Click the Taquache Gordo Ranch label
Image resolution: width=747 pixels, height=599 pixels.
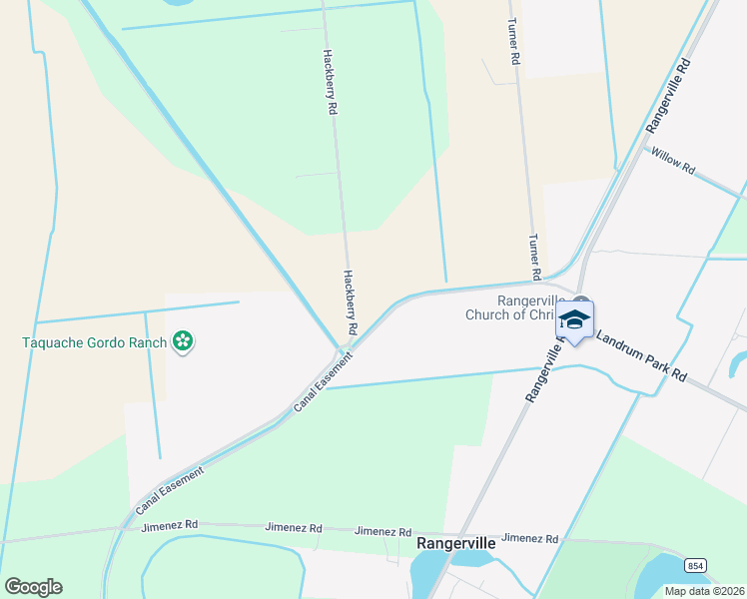[96, 342]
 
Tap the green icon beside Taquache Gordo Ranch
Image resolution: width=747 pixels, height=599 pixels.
[183, 342]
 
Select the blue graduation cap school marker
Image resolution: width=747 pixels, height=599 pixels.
[575, 320]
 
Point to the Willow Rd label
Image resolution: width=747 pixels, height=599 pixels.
[672, 160]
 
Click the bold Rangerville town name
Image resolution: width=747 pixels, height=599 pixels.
[455, 544]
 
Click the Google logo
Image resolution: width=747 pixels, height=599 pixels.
[33, 586]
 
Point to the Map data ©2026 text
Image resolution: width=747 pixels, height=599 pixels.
[703, 591]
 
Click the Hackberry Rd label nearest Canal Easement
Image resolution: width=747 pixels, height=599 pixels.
[351, 301]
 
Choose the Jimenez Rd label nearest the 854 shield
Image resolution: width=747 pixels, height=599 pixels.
[531, 538]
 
